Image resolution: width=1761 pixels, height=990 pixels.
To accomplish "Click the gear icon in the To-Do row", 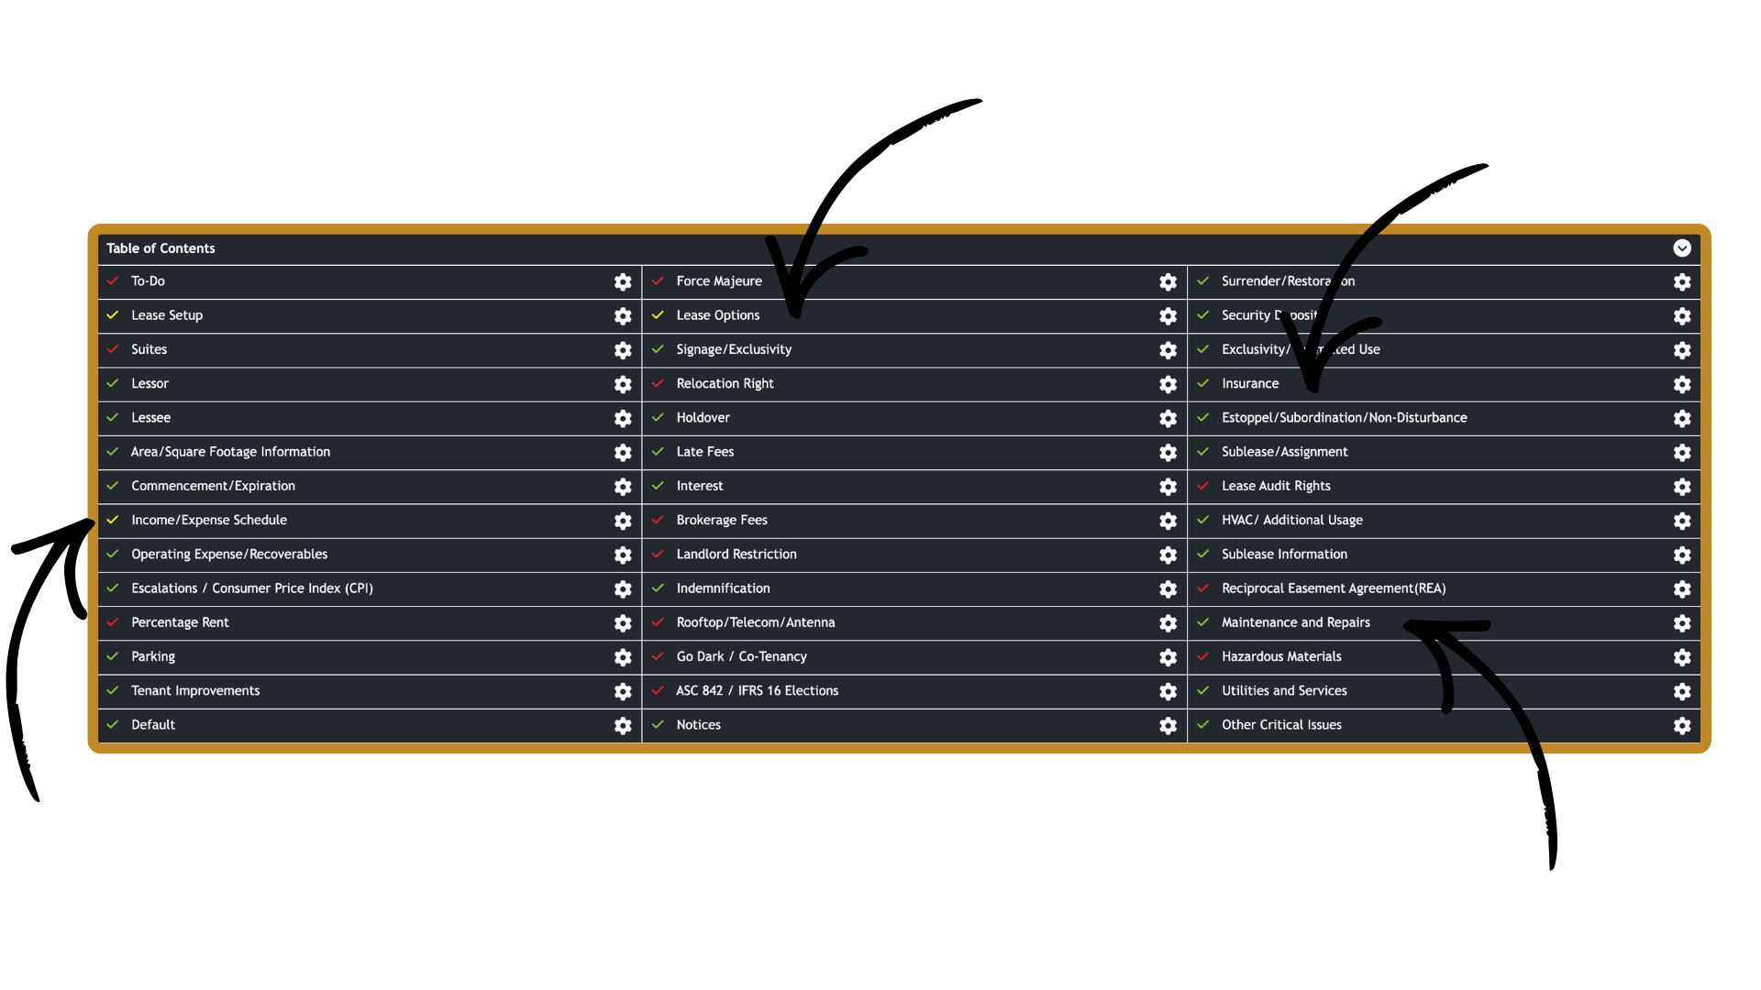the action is pyautogui.click(x=623, y=282).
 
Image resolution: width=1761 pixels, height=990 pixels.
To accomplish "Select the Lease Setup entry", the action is pyautogui.click(x=167, y=315).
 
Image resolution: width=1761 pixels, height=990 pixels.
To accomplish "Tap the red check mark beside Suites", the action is pyautogui.click(x=113, y=349).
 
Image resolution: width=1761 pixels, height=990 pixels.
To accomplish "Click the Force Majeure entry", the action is pyautogui.click(x=719, y=281).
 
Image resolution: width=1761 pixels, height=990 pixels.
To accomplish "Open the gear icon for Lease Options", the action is pyautogui.click(x=1168, y=316).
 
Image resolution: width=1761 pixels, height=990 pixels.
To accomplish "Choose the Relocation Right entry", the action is pyautogui.click(x=725, y=383).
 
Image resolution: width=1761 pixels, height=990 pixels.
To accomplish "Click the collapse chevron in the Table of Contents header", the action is pyautogui.click(x=1682, y=248).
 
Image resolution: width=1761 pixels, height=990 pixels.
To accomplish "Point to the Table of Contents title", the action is pyautogui.click(x=161, y=248).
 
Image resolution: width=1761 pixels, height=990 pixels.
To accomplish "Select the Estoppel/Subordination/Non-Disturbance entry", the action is pyautogui.click(x=1344, y=418).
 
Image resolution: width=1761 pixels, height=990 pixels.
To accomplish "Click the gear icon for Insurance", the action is pyautogui.click(x=1682, y=384).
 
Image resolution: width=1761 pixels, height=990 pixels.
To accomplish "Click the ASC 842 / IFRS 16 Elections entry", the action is pyautogui.click(x=757, y=691).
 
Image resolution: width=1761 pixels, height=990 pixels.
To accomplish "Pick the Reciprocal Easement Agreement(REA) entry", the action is pyautogui.click(x=1334, y=588).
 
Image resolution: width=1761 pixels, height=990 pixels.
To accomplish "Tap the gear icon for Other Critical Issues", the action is pyautogui.click(x=1682, y=726).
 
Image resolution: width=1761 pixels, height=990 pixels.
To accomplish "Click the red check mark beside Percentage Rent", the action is pyautogui.click(x=113, y=622).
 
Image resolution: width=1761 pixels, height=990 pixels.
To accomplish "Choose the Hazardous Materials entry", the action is pyautogui.click(x=1281, y=656).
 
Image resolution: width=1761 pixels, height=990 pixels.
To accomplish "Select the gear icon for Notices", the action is pyautogui.click(x=1168, y=726).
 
